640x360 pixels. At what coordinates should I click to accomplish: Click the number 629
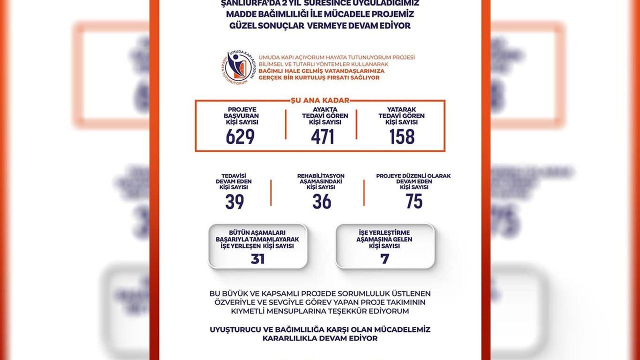[240, 136]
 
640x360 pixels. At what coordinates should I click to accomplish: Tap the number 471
[322, 136]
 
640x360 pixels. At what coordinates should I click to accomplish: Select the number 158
[402, 136]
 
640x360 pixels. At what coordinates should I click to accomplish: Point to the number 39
[234, 201]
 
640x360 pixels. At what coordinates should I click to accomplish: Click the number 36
[321, 201]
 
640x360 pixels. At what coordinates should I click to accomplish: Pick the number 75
[414, 201]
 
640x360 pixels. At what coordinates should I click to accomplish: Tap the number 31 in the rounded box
[257, 259]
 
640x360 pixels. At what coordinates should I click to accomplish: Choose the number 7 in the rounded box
[384, 259]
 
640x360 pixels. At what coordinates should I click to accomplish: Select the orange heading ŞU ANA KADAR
[320, 100]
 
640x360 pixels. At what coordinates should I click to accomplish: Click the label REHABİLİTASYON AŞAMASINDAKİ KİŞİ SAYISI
[320, 181]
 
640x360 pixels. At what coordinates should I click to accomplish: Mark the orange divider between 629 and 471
[285, 124]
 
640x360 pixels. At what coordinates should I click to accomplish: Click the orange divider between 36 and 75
[363, 192]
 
